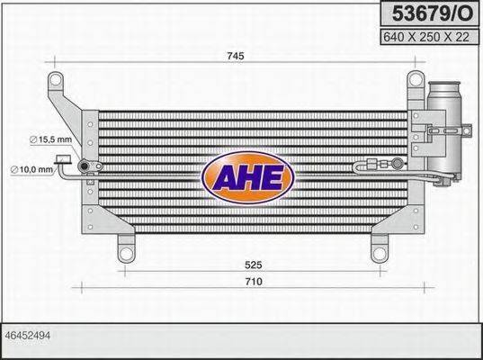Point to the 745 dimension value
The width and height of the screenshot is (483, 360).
coord(237,56)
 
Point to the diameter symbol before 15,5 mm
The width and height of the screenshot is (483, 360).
coord(33,139)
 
